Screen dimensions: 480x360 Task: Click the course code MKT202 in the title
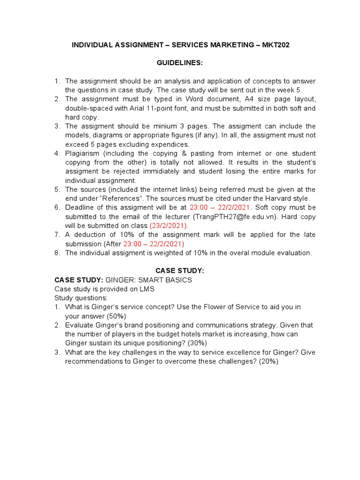coord(280,45)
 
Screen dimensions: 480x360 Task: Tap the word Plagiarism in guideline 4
coord(82,154)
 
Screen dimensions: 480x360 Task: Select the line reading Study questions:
coord(81,298)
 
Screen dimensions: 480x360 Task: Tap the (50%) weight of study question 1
coord(117,316)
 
